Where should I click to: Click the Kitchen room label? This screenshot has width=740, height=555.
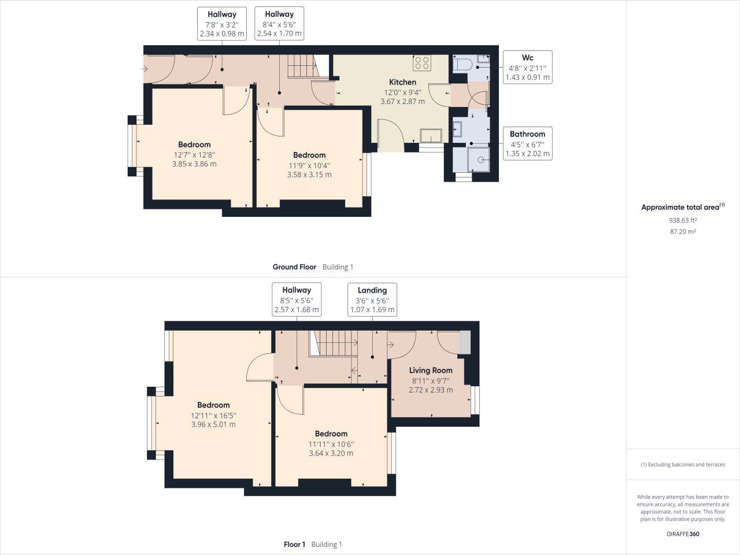[402, 82]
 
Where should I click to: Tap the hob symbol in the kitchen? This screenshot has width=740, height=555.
[421, 62]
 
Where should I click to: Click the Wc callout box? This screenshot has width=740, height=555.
[527, 68]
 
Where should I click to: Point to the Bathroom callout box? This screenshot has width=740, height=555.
[527, 144]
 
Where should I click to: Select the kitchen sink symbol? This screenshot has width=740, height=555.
[430, 135]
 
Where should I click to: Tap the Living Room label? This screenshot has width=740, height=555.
[431, 371]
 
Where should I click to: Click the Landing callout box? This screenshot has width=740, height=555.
[372, 300]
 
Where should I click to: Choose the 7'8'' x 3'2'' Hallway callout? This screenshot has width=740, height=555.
[221, 24]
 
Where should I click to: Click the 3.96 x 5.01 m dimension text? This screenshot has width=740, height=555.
[213, 424]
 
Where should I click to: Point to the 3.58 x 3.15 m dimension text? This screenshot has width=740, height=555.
[309, 174]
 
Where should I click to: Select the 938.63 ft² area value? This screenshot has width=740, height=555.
[682, 220]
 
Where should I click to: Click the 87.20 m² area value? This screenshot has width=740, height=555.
[682, 231]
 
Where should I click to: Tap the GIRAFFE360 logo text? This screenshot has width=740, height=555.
[682, 534]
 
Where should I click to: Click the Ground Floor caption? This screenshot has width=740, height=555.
[294, 267]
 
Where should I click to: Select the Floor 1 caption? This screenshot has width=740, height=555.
[295, 545]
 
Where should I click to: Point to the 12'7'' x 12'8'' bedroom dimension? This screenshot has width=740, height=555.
[194, 154]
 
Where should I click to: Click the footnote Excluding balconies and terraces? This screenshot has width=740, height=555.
[683, 465]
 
